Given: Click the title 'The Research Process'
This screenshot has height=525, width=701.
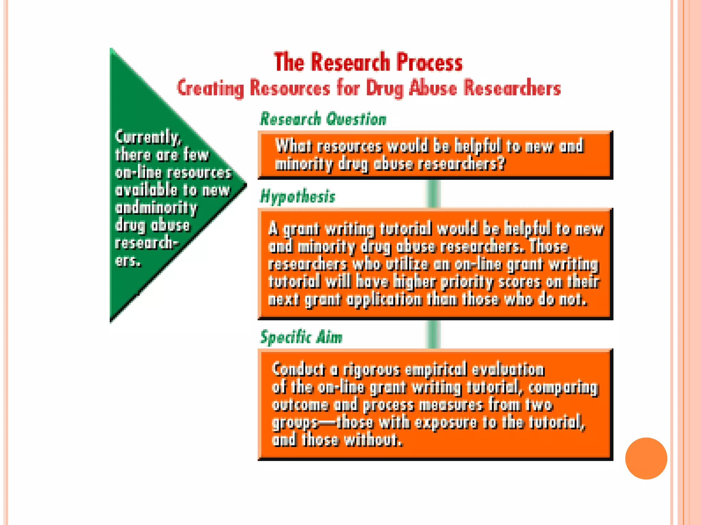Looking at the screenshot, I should click(368, 62).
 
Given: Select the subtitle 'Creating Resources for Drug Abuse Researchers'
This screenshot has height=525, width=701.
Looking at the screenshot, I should click(369, 88).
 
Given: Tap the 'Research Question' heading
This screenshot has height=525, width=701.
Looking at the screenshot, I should click(323, 119).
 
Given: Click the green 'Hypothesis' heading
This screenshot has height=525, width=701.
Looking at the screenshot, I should click(298, 197).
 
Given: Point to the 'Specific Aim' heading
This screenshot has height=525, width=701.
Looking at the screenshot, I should click(301, 337).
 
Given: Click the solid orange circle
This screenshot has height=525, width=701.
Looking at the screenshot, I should click(646, 458).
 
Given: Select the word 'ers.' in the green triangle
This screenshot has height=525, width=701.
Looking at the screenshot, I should click(128, 261).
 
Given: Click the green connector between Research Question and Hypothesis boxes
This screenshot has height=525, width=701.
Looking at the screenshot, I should click(433, 193).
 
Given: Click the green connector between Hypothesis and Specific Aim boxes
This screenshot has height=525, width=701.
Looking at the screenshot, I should click(433, 334).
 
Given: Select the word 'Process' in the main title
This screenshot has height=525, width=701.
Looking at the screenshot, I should click(430, 62).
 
